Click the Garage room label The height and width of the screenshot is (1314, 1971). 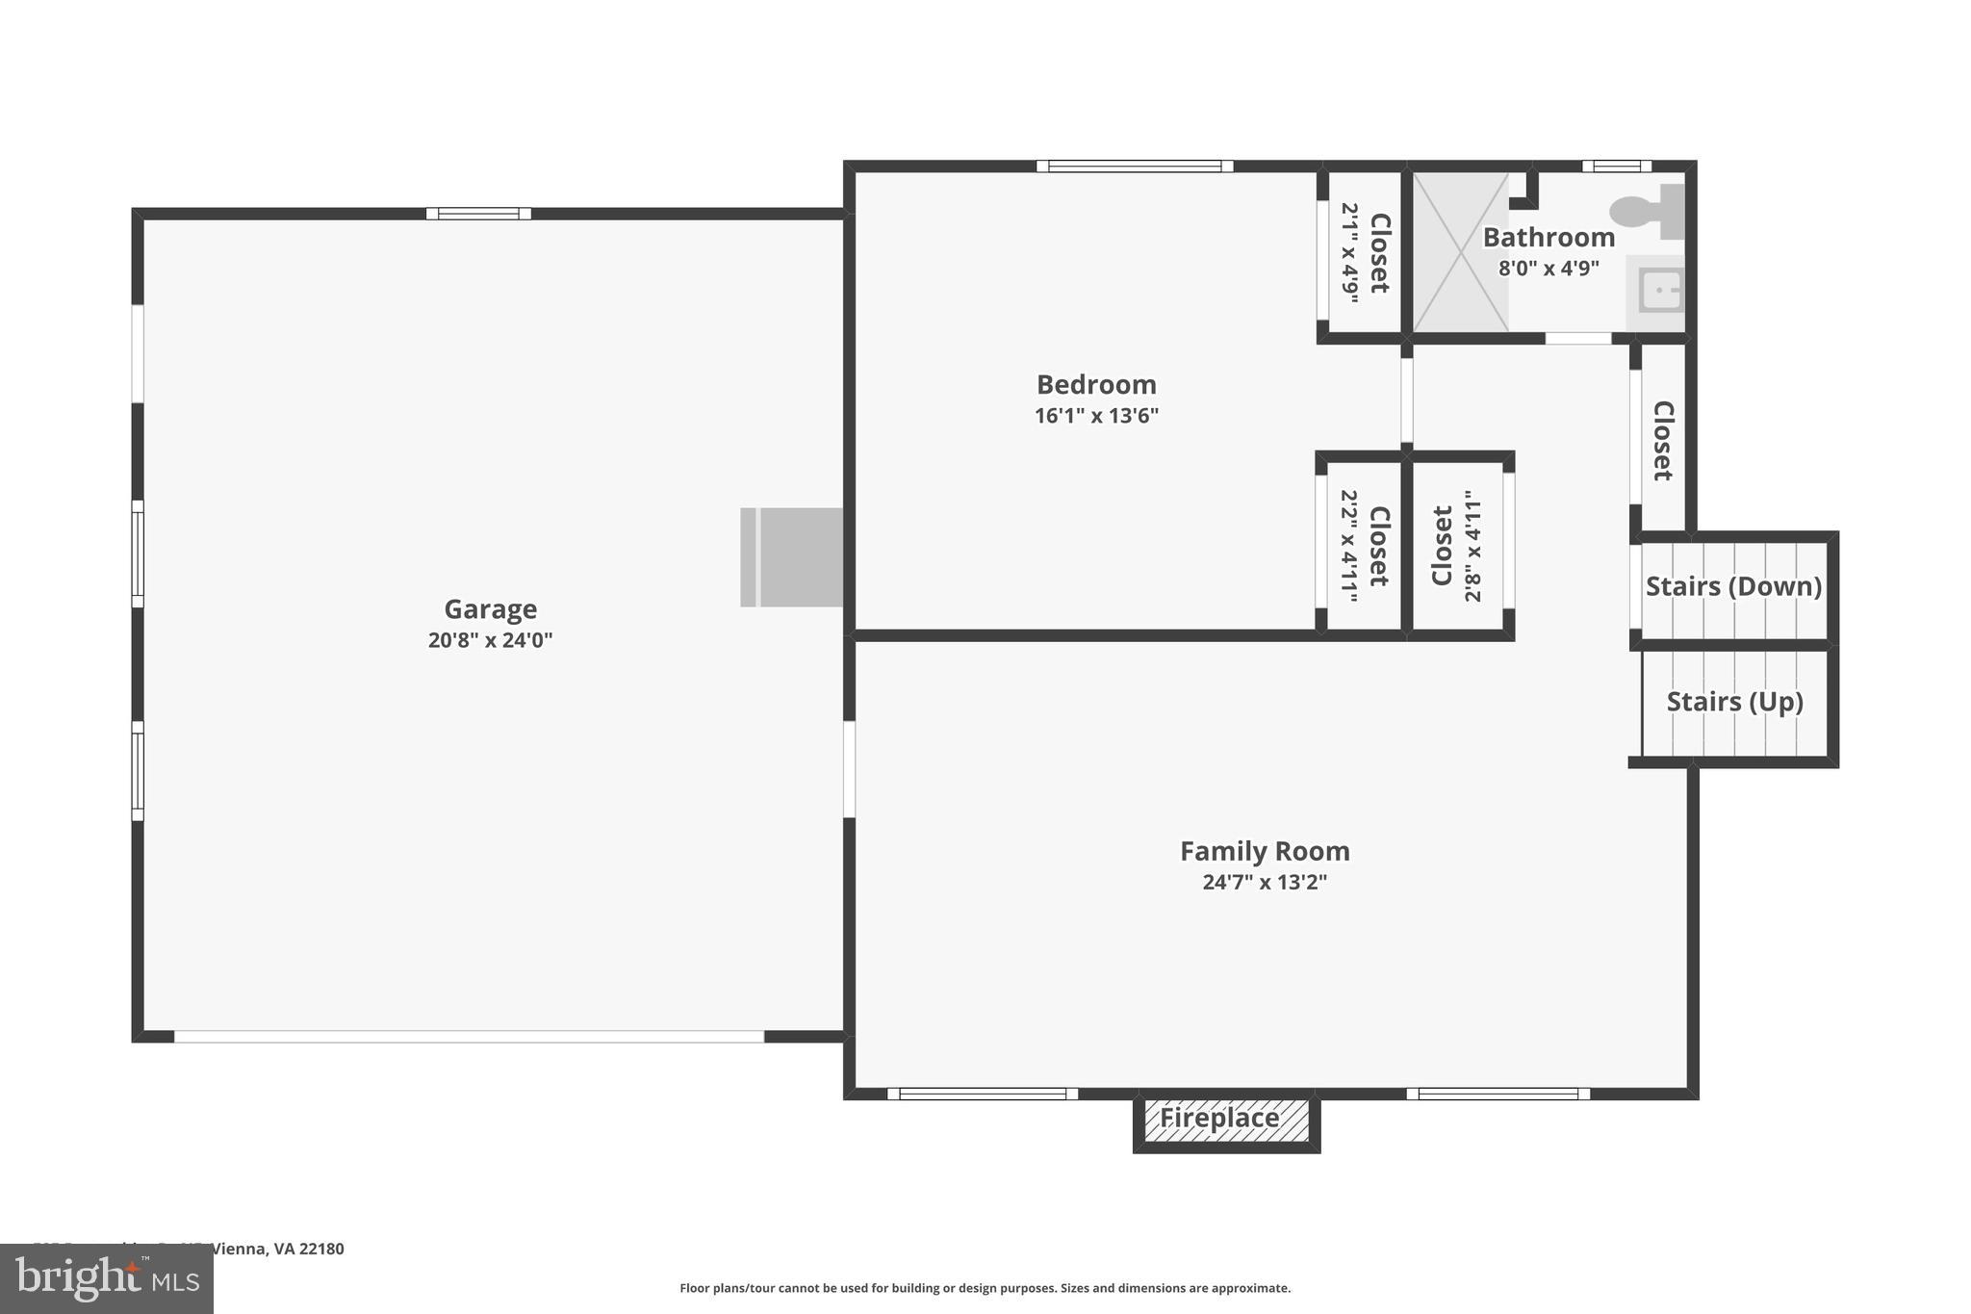(x=490, y=609)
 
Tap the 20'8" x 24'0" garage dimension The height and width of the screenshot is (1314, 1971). (x=490, y=640)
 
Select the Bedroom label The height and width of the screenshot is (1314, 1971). (x=1096, y=385)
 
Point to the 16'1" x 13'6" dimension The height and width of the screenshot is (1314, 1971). (x=1096, y=416)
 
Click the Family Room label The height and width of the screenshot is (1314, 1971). (x=1265, y=852)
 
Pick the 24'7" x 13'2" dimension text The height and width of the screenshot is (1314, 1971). (x=1265, y=883)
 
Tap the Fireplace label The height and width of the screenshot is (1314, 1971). (x=1219, y=1119)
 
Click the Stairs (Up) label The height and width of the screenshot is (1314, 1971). (x=1734, y=702)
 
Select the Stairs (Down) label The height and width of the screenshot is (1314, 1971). (x=1733, y=586)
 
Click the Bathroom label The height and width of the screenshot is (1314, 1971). (x=1549, y=238)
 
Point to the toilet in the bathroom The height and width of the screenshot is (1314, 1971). (x=1648, y=212)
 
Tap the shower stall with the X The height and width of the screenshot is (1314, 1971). (x=1460, y=252)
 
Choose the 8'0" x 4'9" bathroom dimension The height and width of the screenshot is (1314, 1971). (x=1549, y=269)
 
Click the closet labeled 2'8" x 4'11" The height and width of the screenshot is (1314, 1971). (x=1457, y=546)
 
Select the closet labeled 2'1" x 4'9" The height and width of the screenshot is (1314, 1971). (x=1365, y=253)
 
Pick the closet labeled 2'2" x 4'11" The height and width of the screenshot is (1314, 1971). (x=1365, y=546)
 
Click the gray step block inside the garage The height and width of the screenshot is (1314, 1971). (x=791, y=557)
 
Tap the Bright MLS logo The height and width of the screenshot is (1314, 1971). (x=107, y=1278)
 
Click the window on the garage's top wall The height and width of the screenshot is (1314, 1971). (x=478, y=214)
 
